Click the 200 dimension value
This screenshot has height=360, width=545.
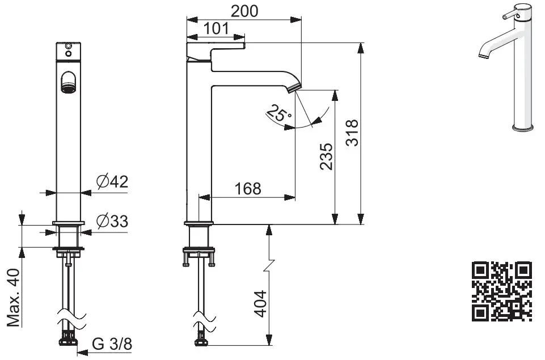point(244,11)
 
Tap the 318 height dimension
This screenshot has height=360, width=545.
point(352,133)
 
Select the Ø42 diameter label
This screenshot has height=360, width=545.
point(112,182)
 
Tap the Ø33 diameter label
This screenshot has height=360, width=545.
point(112,221)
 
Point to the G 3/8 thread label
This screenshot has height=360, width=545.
point(113,344)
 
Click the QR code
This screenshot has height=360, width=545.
point(502,291)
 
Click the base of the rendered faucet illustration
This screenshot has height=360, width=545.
point(522,128)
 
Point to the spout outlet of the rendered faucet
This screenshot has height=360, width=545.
point(483,56)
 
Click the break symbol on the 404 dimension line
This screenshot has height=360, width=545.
point(270,264)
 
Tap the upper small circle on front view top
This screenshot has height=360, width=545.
point(69,45)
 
